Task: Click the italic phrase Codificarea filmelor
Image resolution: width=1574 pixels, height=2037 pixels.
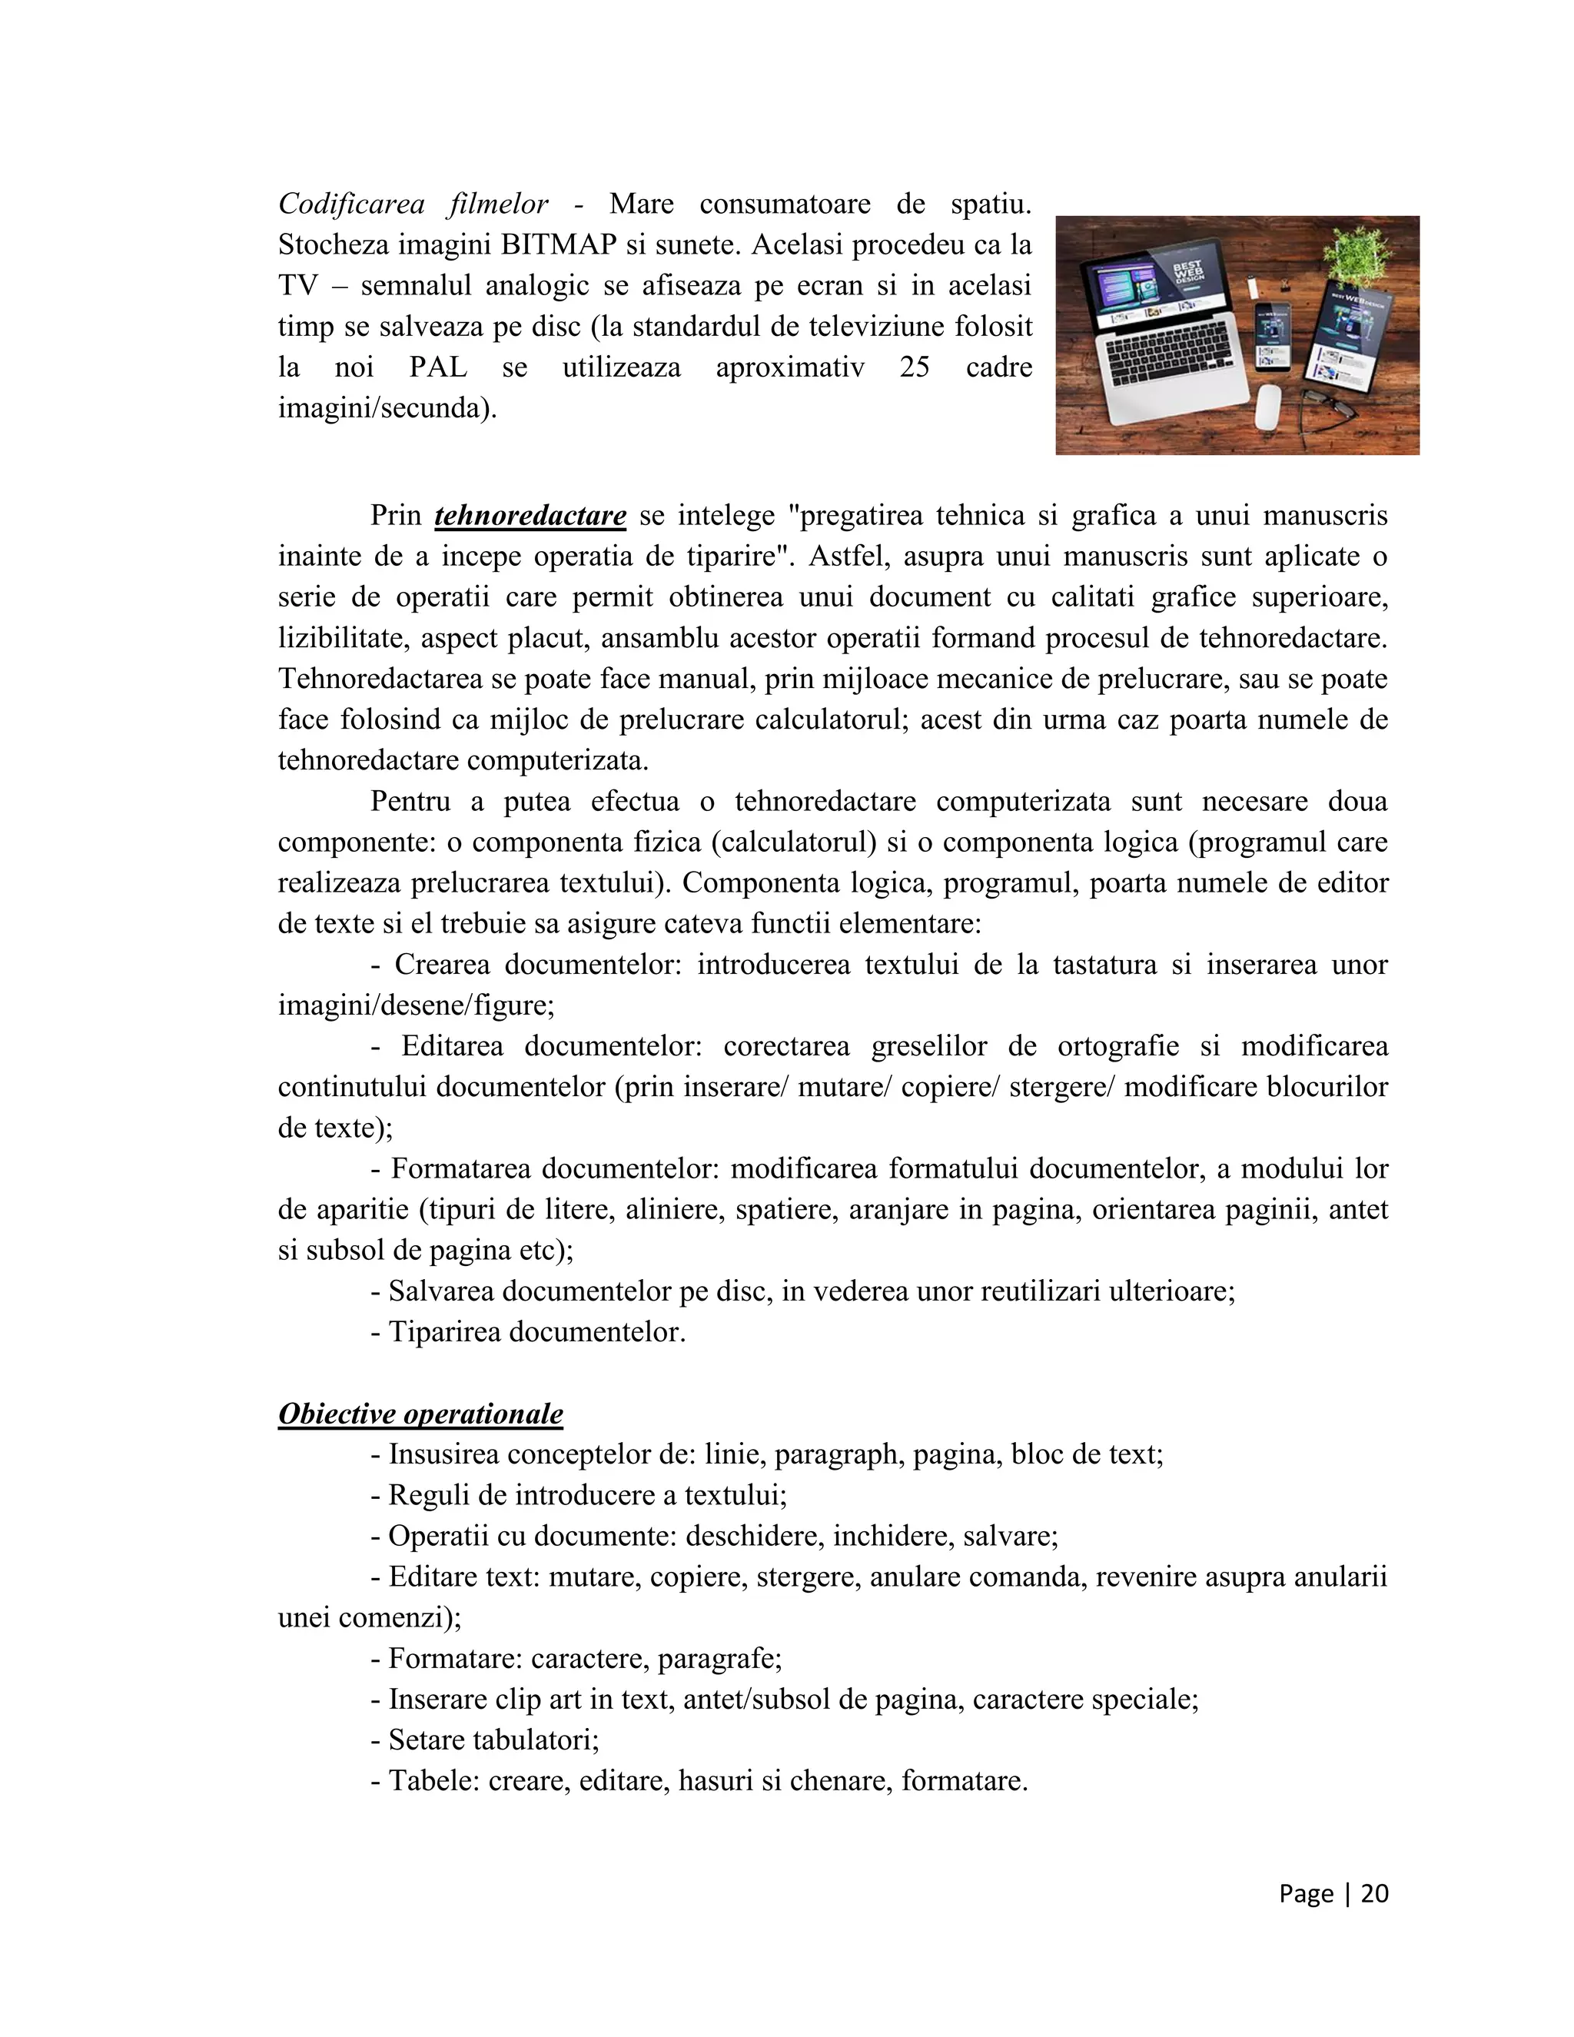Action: pyautogui.click(x=413, y=204)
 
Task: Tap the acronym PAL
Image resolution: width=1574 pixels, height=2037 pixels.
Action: pyautogui.click(x=438, y=367)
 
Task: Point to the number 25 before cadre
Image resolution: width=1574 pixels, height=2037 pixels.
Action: pyautogui.click(x=915, y=367)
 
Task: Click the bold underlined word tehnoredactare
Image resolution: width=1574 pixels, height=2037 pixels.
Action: pyautogui.click(x=530, y=516)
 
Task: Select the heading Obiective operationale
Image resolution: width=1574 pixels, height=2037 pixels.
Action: pyautogui.click(x=420, y=1414)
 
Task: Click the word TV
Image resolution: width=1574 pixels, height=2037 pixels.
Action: pyautogui.click(x=298, y=285)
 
